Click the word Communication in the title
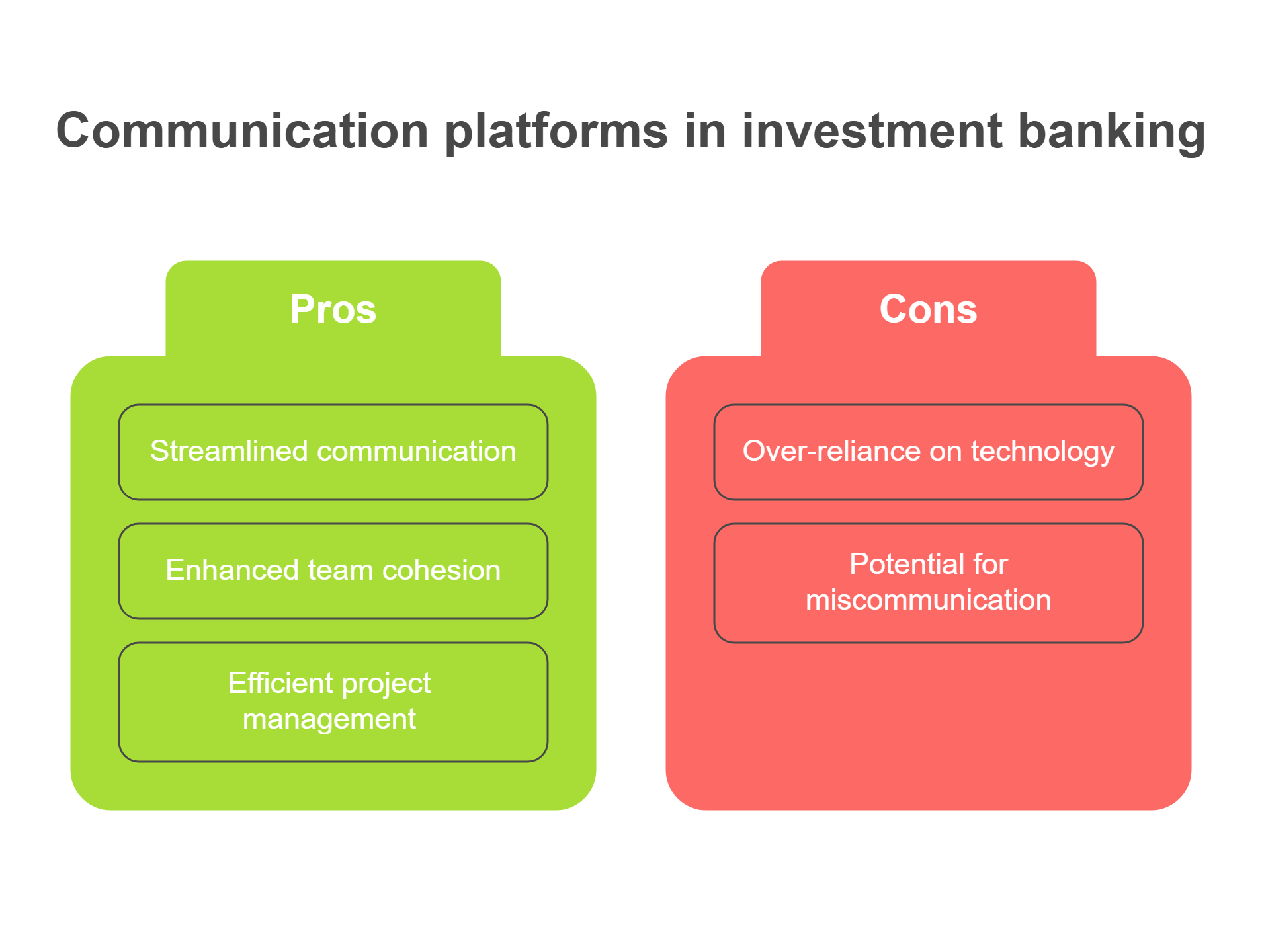pos(243,130)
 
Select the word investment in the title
pos(872,130)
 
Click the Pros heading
pos(333,309)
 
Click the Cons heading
pos(928,309)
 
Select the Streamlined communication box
pos(333,452)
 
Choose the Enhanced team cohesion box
pos(333,571)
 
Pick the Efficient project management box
pos(333,702)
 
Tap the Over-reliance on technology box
pos(929,452)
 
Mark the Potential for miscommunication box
pos(929,583)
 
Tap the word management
pos(329,719)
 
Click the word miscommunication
pos(929,600)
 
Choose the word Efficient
pos(280,682)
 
